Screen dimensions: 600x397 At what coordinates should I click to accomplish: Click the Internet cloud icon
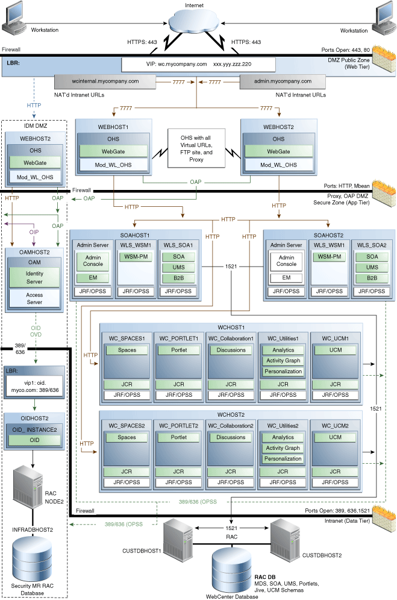click(x=197, y=24)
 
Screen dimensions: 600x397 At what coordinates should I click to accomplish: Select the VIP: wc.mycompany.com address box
click(x=198, y=64)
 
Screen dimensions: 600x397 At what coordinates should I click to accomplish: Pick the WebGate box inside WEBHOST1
click(x=114, y=151)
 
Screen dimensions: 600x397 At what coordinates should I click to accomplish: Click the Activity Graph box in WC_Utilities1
click(x=283, y=361)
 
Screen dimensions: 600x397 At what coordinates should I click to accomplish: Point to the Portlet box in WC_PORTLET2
click(x=179, y=437)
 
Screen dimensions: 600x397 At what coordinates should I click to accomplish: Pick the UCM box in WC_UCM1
click(x=336, y=350)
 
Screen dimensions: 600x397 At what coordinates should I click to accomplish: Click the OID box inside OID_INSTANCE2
click(x=34, y=441)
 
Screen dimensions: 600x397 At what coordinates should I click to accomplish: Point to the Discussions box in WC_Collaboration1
click(x=231, y=350)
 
